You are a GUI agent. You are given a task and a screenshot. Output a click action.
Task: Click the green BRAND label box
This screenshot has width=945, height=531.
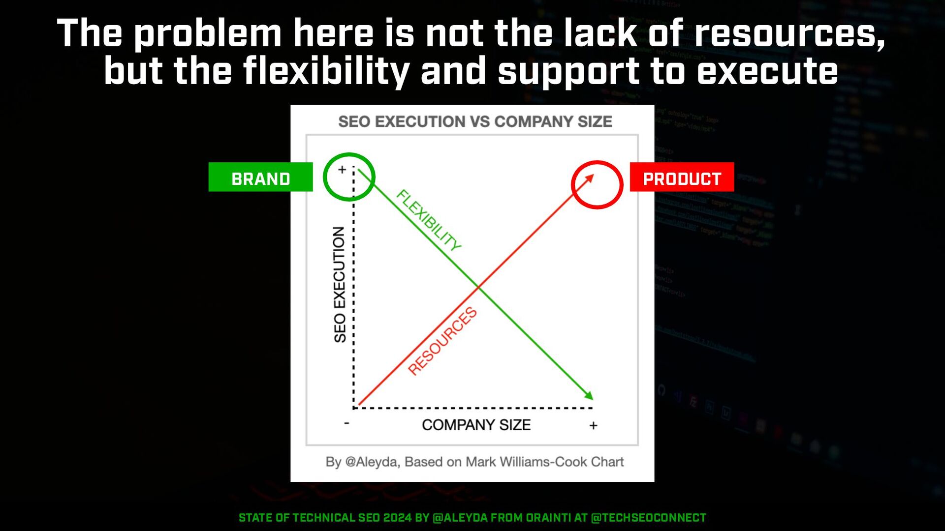(x=260, y=177)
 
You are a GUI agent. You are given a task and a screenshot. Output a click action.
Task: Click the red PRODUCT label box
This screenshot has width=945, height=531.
(x=682, y=177)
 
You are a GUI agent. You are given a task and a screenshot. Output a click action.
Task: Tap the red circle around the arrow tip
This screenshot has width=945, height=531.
(x=572, y=185)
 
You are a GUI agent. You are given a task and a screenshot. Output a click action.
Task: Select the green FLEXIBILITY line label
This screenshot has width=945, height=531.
(x=429, y=220)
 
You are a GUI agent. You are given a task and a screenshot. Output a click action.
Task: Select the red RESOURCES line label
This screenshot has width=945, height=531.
(x=442, y=341)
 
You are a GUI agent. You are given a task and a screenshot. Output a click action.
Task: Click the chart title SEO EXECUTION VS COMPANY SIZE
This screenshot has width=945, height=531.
(x=475, y=121)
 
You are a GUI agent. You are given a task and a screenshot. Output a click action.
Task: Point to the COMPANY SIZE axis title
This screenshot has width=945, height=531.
(x=476, y=425)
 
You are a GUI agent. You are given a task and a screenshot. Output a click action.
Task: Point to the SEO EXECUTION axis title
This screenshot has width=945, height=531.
(x=340, y=285)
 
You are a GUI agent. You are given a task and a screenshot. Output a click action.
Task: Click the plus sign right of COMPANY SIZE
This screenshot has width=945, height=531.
(x=593, y=425)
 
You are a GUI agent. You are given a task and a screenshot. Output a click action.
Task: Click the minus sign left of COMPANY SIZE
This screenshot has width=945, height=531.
(x=346, y=423)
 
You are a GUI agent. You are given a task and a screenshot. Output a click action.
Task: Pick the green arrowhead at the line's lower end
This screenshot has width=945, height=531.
(x=589, y=395)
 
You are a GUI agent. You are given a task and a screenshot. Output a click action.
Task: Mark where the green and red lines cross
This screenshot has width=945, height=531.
(x=477, y=287)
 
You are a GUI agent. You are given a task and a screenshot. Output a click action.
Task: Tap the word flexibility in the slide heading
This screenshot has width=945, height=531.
(x=326, y=72)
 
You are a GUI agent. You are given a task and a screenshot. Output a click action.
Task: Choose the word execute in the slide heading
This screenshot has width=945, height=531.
(x=767, y=72)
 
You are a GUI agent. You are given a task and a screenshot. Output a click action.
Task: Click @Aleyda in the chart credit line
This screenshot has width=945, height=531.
(x=371, y=462)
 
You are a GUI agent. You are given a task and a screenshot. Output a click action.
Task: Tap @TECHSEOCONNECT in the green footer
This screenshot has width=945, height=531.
(x=648, y=518)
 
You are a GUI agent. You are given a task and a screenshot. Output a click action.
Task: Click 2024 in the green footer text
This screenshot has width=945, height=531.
(x=397, y=518)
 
